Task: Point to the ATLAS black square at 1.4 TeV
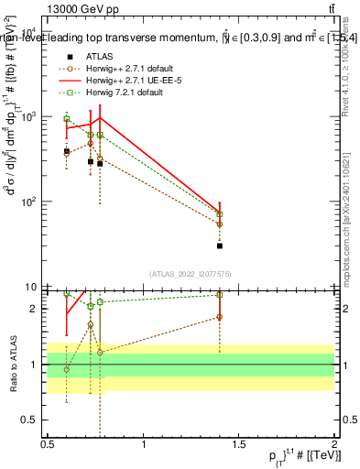[220, 245]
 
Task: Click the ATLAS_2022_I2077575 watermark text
[191, 274]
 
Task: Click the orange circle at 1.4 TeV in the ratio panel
[220, 317]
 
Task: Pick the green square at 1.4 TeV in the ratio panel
[220, 295]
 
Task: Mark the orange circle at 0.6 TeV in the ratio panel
[66, 369]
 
